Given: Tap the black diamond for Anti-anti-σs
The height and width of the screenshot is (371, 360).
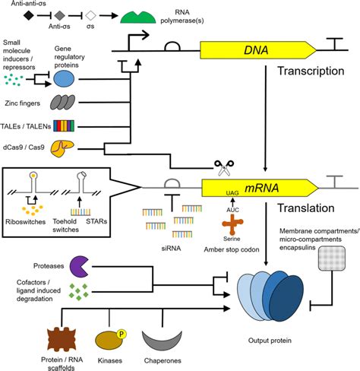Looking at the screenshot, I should coord(28,14).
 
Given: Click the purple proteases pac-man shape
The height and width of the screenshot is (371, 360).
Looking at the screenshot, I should coord(81,265).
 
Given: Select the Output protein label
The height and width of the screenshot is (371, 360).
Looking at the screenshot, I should coord(265,343).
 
